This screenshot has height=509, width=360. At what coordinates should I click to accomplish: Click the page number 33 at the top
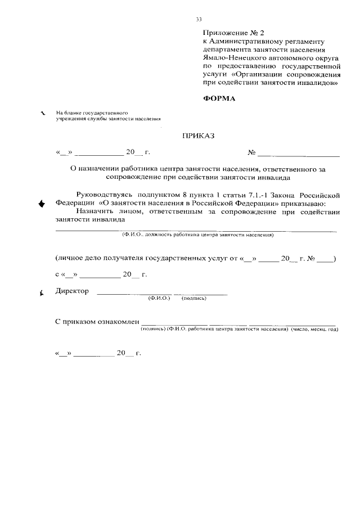coord(199,19)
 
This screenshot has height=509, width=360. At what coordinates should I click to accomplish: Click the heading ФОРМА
coord(219,99)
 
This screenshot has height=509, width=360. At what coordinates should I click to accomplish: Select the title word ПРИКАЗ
coord(199,136)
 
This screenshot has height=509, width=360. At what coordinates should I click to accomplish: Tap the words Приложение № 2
coord(226,33)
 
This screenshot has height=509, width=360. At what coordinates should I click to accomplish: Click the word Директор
coord(73,291)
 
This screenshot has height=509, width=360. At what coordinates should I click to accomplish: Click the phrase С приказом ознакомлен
coord(97,321)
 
